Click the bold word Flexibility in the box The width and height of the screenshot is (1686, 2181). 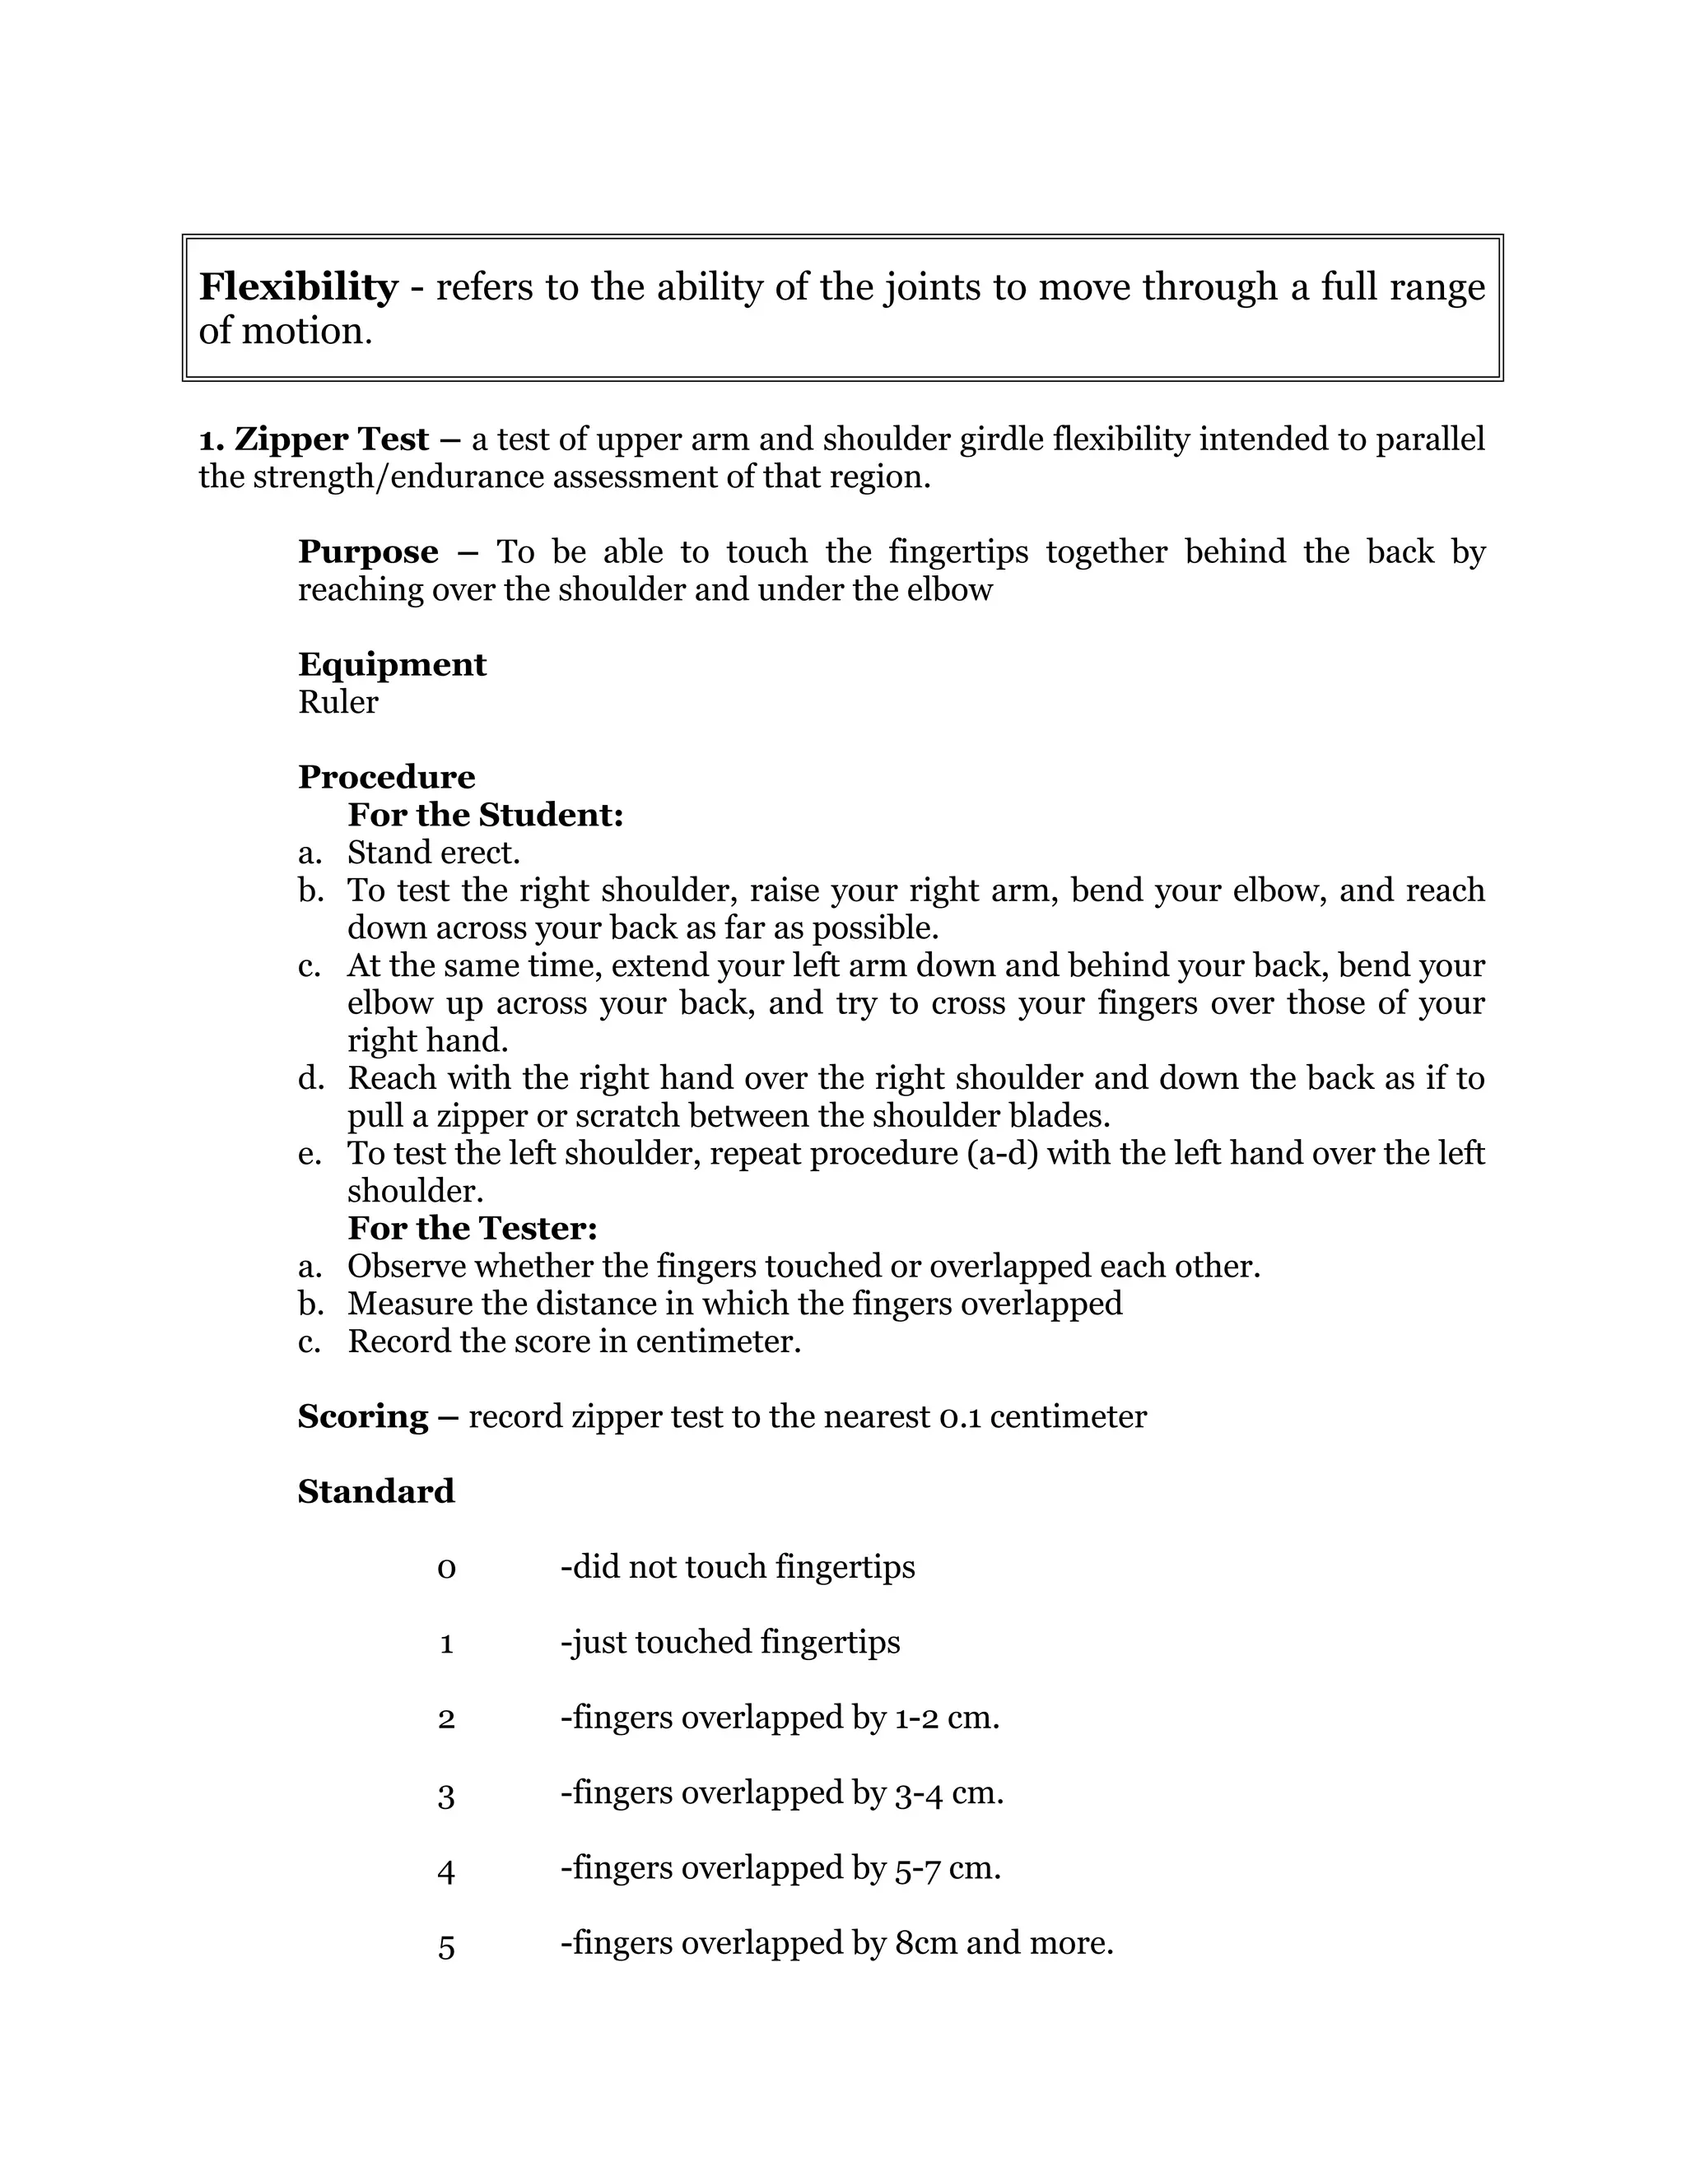pyautogui.click(x=298, y=287)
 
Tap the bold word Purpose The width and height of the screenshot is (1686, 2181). pyautogui.click(x=367, y=552)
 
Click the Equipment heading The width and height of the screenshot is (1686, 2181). pyautogui.click(x=392, y=665)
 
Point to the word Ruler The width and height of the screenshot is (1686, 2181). pyautogui.click(x=338, y=702)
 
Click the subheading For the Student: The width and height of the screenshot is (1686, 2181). pyautogui.click(x=486, y=815)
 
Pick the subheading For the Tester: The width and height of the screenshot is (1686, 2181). pyautogui.click(x=473, y=1228)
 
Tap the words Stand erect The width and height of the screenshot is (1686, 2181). pyautogui.click(x=434, y=853)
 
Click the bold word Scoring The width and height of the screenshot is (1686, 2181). pyautogui.click(x=362, y=1416)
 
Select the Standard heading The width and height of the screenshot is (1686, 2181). pyautogui.click(x=375, y=1492)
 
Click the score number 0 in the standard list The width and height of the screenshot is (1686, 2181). pyautogui.click(x=446, y=1568)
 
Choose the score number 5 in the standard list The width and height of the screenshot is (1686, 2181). pyautogui.click(x=446, y=1946)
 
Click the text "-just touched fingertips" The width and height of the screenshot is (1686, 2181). pyautogui.click(x=730, y=1643)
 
